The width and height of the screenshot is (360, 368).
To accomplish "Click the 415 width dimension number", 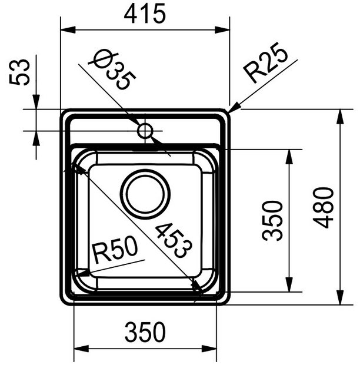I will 145,14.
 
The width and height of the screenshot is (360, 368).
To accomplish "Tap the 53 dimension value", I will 22,72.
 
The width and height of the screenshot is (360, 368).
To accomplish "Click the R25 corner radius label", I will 266,64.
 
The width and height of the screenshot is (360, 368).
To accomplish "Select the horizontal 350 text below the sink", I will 145,334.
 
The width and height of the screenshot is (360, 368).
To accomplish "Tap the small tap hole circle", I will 145,130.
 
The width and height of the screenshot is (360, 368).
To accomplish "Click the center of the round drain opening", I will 145,194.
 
